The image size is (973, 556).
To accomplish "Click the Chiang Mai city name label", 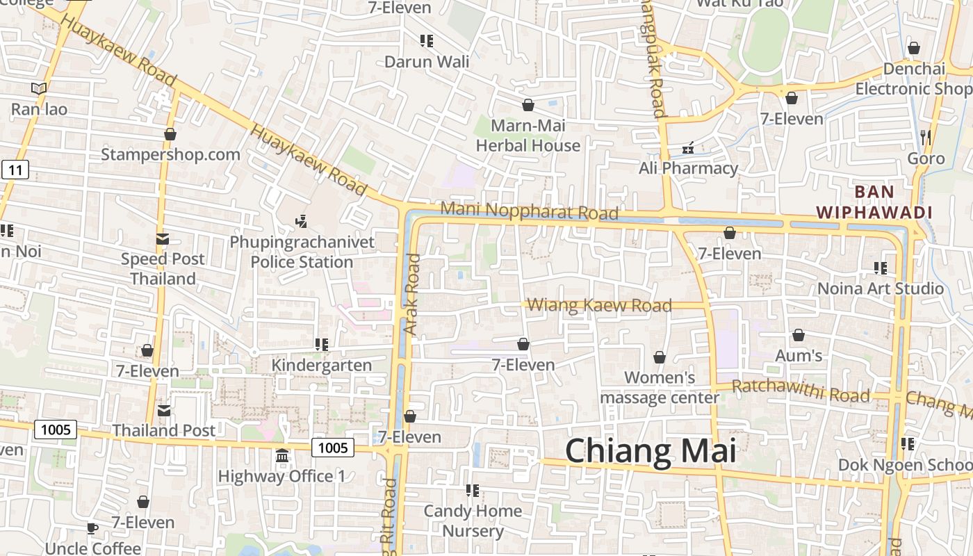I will point(650,451).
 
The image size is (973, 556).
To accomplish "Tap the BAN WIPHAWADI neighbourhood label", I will point(874,202).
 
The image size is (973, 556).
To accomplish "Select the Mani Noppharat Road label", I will point(529,211).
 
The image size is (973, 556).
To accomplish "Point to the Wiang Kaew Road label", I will point(599,305).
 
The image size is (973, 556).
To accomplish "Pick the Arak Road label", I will point(413,294).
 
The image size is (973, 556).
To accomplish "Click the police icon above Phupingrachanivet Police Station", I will point(301,222).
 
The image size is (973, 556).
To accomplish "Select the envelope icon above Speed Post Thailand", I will point(163,239).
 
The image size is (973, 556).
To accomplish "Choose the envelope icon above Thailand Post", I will point(164,411).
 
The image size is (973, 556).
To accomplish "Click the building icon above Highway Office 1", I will point(282,457).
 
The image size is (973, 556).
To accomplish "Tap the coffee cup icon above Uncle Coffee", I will point(92,529).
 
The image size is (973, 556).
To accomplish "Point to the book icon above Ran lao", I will point(39,89).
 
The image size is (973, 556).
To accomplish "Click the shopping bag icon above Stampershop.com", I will point(170,134).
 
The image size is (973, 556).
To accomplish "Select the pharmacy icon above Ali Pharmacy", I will point(688,148).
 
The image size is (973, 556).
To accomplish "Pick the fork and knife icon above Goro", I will point(926,138).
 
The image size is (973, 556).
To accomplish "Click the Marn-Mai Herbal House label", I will point(528,136).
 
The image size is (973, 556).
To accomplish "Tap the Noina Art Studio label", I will point(881,288).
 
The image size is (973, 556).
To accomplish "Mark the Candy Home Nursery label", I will point(473,521).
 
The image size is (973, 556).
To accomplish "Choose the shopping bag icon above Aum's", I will point(799,336).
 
